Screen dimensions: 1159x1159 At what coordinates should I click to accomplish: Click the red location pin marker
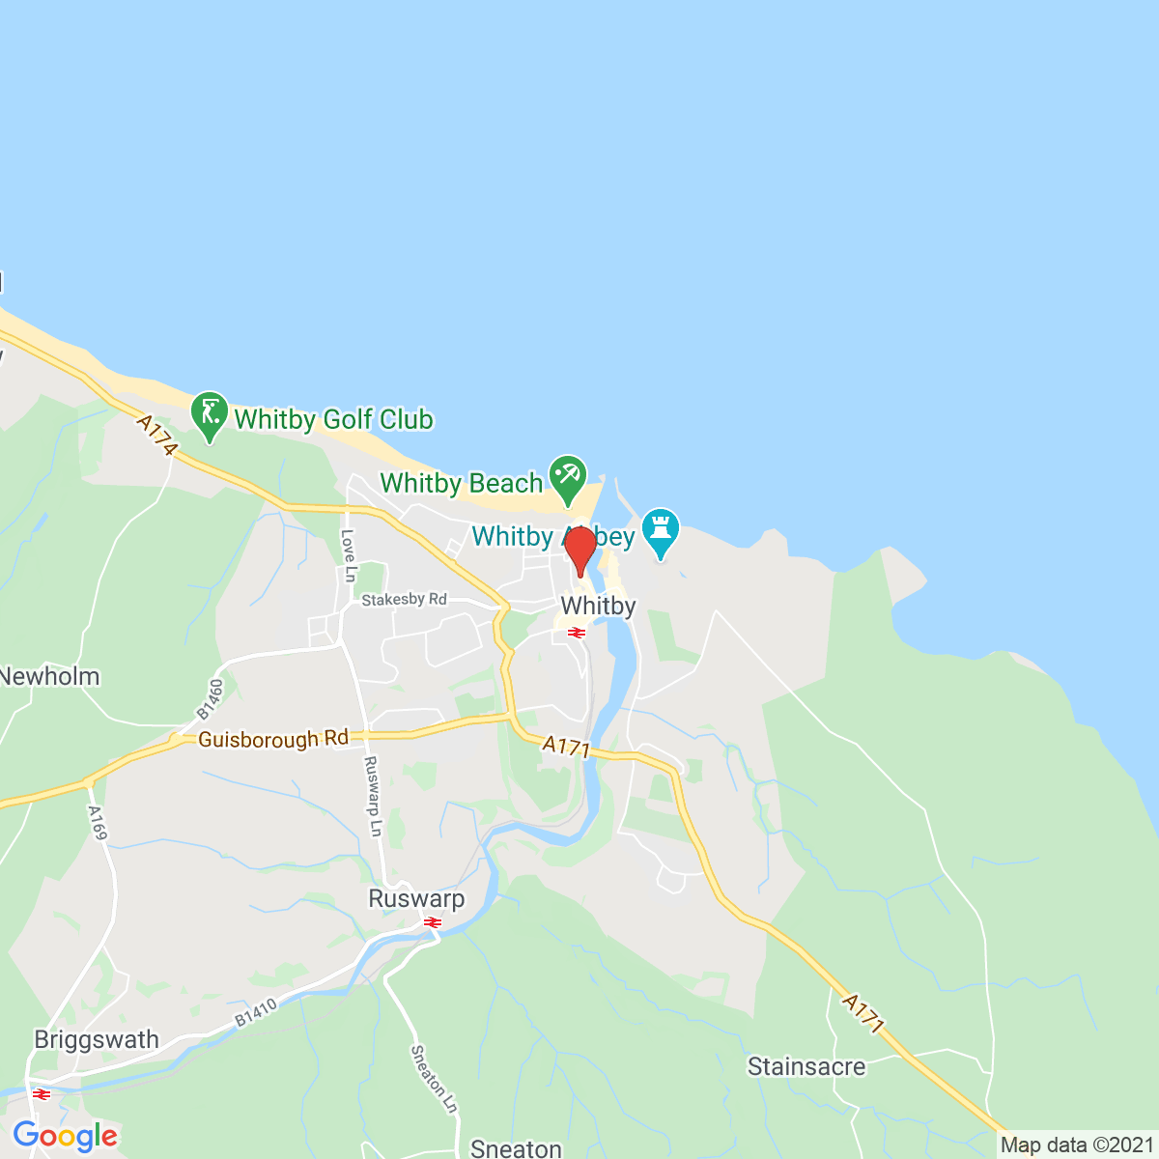[x=579, y=551]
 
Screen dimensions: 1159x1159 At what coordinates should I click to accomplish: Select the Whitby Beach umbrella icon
[x=567, y=475]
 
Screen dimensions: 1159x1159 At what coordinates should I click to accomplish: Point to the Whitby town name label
[x=598, y=606]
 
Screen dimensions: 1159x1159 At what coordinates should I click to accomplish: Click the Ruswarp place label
[x=416, y=898]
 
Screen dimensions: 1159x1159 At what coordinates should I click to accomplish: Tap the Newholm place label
[x=50, y=676]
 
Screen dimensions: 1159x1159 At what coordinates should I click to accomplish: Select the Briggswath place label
[x=97, y=1039]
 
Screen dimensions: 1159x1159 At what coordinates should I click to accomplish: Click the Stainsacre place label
[x=806, y=1066]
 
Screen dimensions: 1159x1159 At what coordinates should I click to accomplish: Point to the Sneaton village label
[x=516, y=1147]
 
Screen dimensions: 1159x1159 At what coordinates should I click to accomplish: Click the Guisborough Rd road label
[x=272, y=739]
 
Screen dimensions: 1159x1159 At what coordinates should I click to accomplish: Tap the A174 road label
[x=158, y=436]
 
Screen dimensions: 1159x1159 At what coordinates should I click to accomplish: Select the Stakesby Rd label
[x=405, y=600]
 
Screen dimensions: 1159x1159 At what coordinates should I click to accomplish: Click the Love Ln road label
[x=349, y=555]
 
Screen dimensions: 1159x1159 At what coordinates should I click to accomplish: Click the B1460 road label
[x=210, y=698]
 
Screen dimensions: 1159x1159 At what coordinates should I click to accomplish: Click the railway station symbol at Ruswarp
[x=432, y=923]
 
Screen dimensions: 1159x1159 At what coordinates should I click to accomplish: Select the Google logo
[x=65, y=1137]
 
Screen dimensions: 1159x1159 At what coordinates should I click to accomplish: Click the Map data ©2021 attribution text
[x=1076, y=1145]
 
